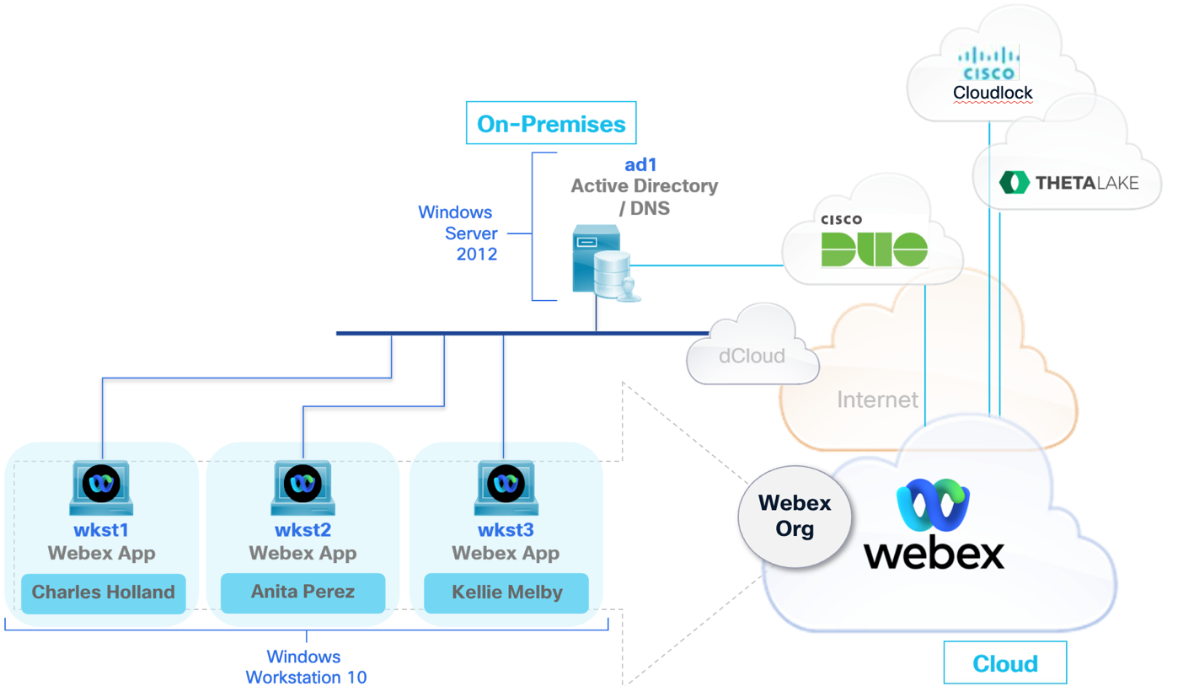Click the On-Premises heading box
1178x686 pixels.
[551, 124]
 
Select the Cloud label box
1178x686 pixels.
[1004, 663]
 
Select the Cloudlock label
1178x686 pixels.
[993, 93]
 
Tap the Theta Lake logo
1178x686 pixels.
[1068, 182]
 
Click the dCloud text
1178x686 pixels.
[752, 356]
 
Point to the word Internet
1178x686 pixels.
[877, 399]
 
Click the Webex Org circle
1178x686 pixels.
[794, 516]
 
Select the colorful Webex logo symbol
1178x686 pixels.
[934, 507]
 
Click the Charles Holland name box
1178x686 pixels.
[104, 592]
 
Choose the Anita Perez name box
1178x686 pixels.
[303, 592]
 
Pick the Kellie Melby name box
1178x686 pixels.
[506, 592]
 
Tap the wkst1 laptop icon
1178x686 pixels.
[101, 488]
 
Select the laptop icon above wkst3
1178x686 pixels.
[506, 488]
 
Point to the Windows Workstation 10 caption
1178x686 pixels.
[305, 667]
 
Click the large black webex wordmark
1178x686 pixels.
[934, 554]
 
